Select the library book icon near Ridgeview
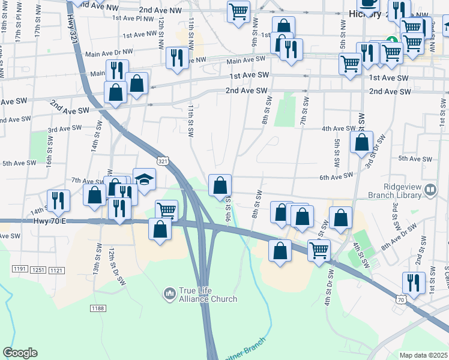click(430, 190)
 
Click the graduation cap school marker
click(144, 179)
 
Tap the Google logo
click(20, 353)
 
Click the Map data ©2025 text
click(423, 355)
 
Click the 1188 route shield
click(98, 308)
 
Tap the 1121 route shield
click(56, 270)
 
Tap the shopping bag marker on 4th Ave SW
click(361, 143)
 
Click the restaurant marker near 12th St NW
click(176, 58)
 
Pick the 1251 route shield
click(38, 270)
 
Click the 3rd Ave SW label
click(64, 128)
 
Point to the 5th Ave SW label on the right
click(415, 158)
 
